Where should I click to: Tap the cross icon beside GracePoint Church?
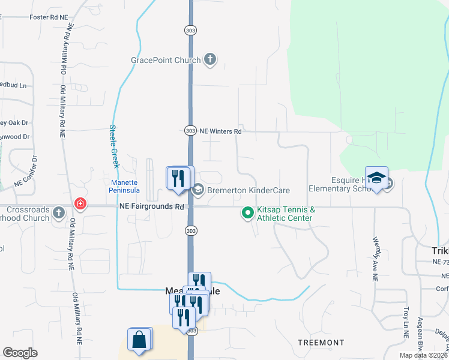click(209, 59)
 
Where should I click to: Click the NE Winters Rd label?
click(220, 131)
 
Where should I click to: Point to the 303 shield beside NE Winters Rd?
click(190, 131)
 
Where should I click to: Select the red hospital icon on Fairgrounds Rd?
click(79, 205)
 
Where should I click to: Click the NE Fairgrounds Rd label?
click(151, 206)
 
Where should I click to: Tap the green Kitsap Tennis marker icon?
click(247, 213)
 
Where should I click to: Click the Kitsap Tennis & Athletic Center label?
click(286, 214)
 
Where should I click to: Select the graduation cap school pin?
click(376, 178)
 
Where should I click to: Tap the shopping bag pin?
click(139, 340)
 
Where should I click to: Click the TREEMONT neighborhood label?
click(321, 342)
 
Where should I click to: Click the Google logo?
click(20, 353)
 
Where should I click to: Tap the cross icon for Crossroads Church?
click(59, 212)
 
